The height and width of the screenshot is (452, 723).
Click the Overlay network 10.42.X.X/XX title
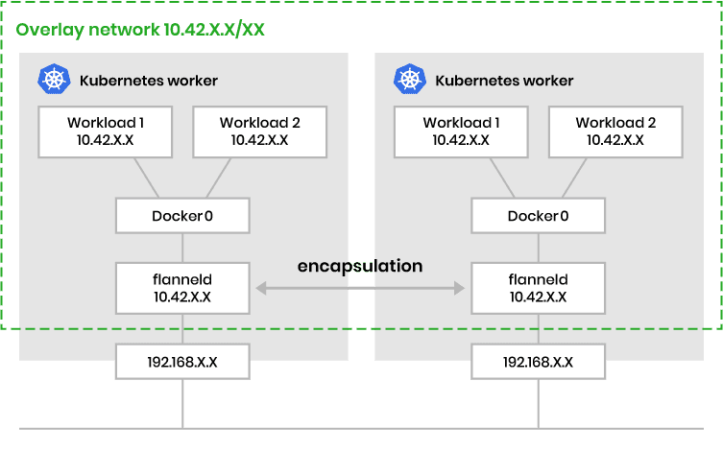click(x=140, y=29)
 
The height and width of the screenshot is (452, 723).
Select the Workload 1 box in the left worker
click(x=106, y=131)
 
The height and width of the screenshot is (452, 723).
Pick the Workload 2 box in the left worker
click(x=259, y=131)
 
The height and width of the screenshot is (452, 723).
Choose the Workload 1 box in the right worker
click(x=461, y=131)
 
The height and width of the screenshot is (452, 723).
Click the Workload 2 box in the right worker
click(x=615, y=131)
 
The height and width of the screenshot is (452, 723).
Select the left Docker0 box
click(x=182, y=215)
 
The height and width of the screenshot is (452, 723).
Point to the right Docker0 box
click(x=538, y=215)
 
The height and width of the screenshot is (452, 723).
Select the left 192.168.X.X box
click(x=182, y=362)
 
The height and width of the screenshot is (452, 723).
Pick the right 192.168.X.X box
click(x=538, y=362)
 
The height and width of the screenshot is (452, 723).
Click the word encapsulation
click(x=360, y=266)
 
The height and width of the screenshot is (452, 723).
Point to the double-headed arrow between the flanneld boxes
click(x=360, y=287)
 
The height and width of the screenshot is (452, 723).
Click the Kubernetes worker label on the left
click(x=149, y=81)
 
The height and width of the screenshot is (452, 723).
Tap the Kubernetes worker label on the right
click(x=504, y=81)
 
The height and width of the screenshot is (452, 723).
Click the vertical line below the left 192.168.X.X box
click(x=182, y=403)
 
